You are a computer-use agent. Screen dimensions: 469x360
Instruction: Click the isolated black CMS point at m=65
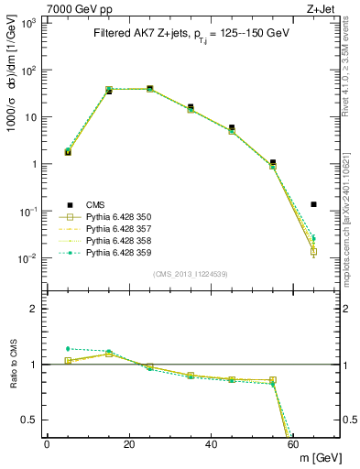click(314, 204)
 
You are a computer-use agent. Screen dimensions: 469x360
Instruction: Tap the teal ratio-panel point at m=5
click(68, 348)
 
